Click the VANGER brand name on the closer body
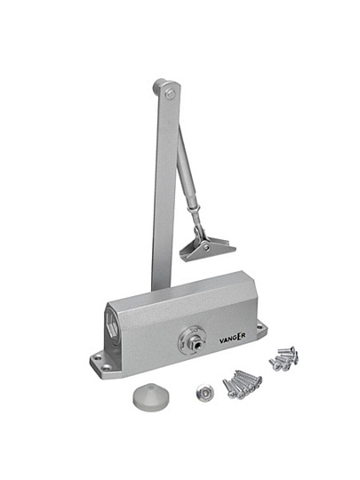coord(232,338)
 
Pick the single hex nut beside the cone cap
coord(204,393)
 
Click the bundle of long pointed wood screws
coord(243,383)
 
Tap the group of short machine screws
coord(284,358)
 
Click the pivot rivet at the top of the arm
coord(170,94)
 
